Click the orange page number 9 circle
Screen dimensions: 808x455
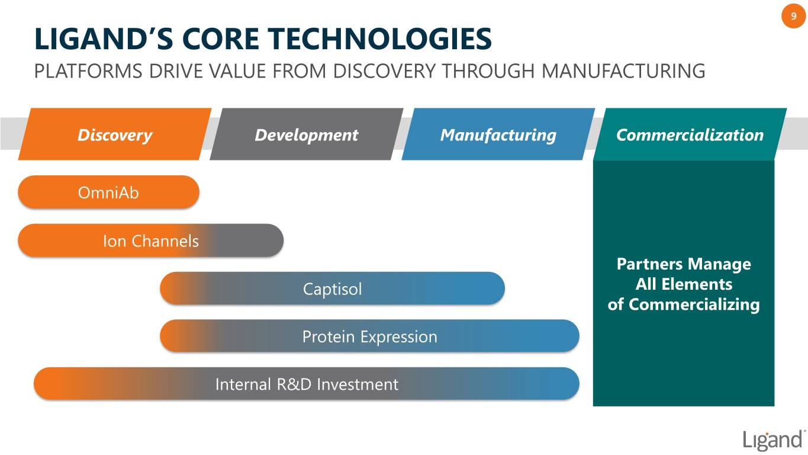click(x=793, y=16)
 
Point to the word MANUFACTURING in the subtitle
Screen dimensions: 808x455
click(x=623, y=71)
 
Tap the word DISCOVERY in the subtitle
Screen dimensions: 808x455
click(x=384, y=71)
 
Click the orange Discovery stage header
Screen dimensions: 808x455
click(x=115, y=134)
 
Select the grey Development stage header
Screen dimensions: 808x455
click(x=306, y=134)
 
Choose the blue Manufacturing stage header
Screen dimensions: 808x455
click(x=498, y=134)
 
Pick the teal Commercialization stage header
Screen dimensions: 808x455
click(x=690, y=134)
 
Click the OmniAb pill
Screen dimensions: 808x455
click(x=108, y=192)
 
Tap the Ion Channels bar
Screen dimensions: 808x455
click(x=151, y=241)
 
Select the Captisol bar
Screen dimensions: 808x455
click(x=332, y=289)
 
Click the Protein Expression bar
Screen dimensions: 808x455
click(x=370, y=336)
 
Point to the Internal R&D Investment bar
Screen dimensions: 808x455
click(x=307, y=384)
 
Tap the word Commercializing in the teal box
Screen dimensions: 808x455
click(x=694, y=305)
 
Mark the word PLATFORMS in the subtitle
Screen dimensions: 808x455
click(x=88, y=71)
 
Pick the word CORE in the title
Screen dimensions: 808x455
click(x=221, y=39)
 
